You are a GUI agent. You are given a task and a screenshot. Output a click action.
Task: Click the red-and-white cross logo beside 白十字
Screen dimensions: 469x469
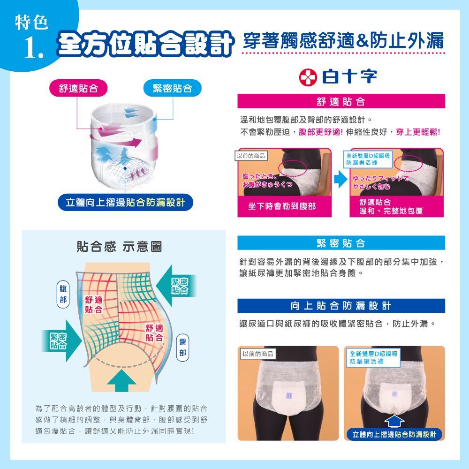(x=308, y=77)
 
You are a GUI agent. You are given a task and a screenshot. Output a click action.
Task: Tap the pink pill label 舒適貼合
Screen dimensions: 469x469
(x=78, y=88)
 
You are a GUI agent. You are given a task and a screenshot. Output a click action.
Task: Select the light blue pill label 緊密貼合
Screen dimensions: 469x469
(x=172, y=88)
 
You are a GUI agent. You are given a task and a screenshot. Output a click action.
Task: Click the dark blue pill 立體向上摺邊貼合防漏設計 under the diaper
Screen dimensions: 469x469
(x=125, y=203)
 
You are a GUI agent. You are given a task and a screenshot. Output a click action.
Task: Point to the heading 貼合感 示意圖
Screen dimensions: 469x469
(x=119, y=247)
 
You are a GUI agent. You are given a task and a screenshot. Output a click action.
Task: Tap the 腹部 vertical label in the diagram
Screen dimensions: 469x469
(x=63, y=294)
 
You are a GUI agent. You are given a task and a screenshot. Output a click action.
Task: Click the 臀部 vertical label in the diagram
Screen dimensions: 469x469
(x=182, y=347)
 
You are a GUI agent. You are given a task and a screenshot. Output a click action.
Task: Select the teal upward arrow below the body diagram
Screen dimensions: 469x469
(x=121, y=381)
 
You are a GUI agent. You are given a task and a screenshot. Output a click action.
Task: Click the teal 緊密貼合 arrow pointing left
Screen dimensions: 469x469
(x=176, y=286)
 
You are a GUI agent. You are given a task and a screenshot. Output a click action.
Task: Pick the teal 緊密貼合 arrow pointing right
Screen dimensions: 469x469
(x=61, y=340)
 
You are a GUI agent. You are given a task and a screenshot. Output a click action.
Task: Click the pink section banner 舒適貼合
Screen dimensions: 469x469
(x=341, y=101)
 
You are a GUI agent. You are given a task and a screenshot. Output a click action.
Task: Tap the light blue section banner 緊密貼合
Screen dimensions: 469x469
(x=341, y=243)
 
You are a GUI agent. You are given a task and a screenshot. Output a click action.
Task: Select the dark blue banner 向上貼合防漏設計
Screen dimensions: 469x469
(x=341, y=306)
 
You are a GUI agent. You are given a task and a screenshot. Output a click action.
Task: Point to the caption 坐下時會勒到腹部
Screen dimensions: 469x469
(x=282, y=206)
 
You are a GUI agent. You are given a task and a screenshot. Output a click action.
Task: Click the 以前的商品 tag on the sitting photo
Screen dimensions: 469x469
(x=251, y=156)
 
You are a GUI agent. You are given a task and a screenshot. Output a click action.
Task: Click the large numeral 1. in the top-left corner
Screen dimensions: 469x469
(x=34, y=48)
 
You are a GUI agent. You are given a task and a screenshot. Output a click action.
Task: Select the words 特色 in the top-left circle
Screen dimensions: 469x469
(x=31, y=23)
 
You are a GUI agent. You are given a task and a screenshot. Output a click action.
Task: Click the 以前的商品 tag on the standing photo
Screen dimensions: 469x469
(x=258, y=354)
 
